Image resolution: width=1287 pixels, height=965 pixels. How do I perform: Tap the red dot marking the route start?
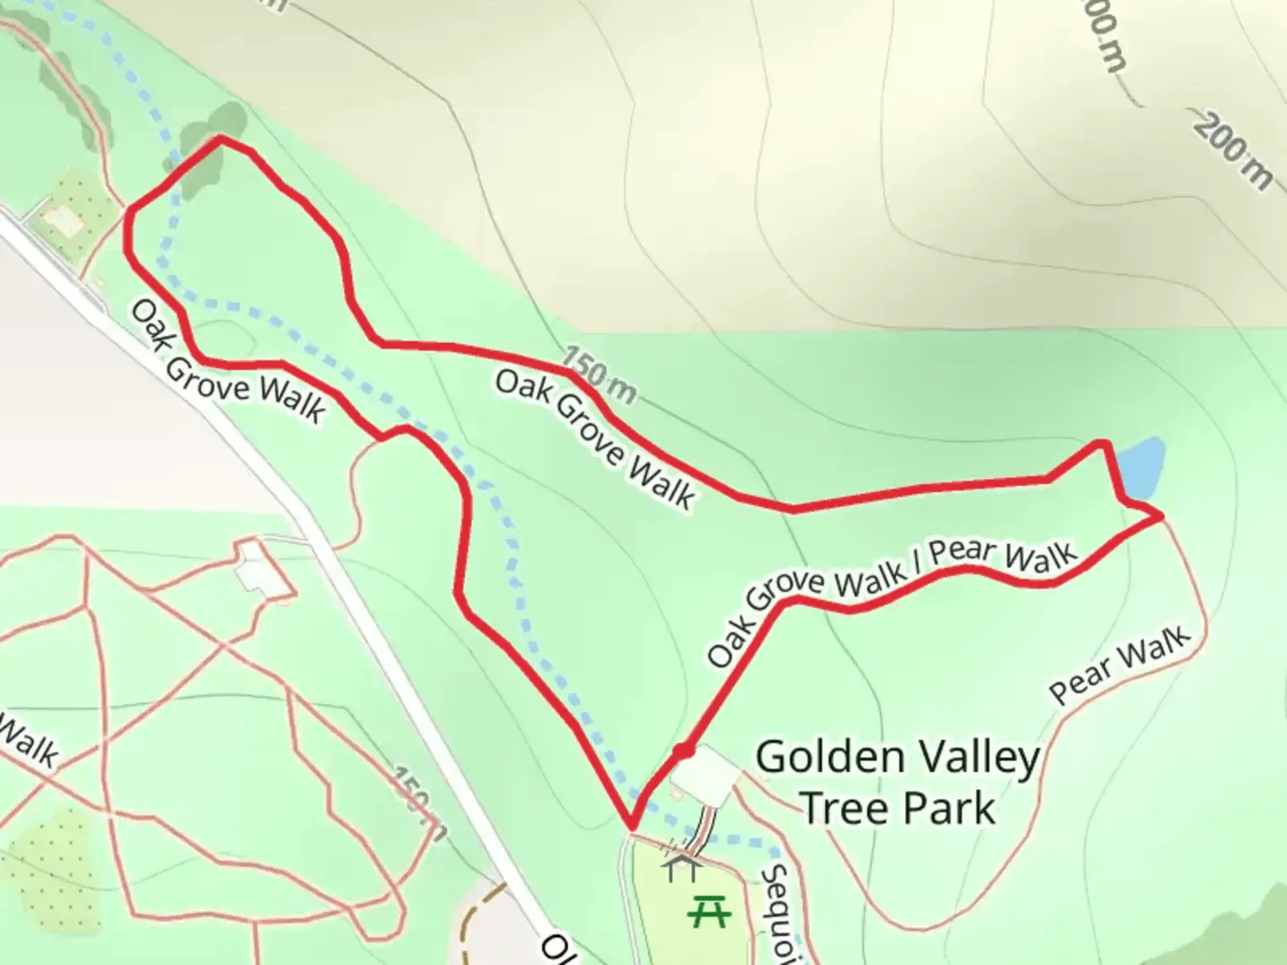point(684,751)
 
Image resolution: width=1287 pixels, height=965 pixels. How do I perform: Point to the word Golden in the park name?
point(830,759)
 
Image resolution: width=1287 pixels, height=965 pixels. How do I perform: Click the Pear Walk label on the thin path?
point(1120,665)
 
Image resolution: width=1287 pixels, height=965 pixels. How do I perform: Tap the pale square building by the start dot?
point(704,769)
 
